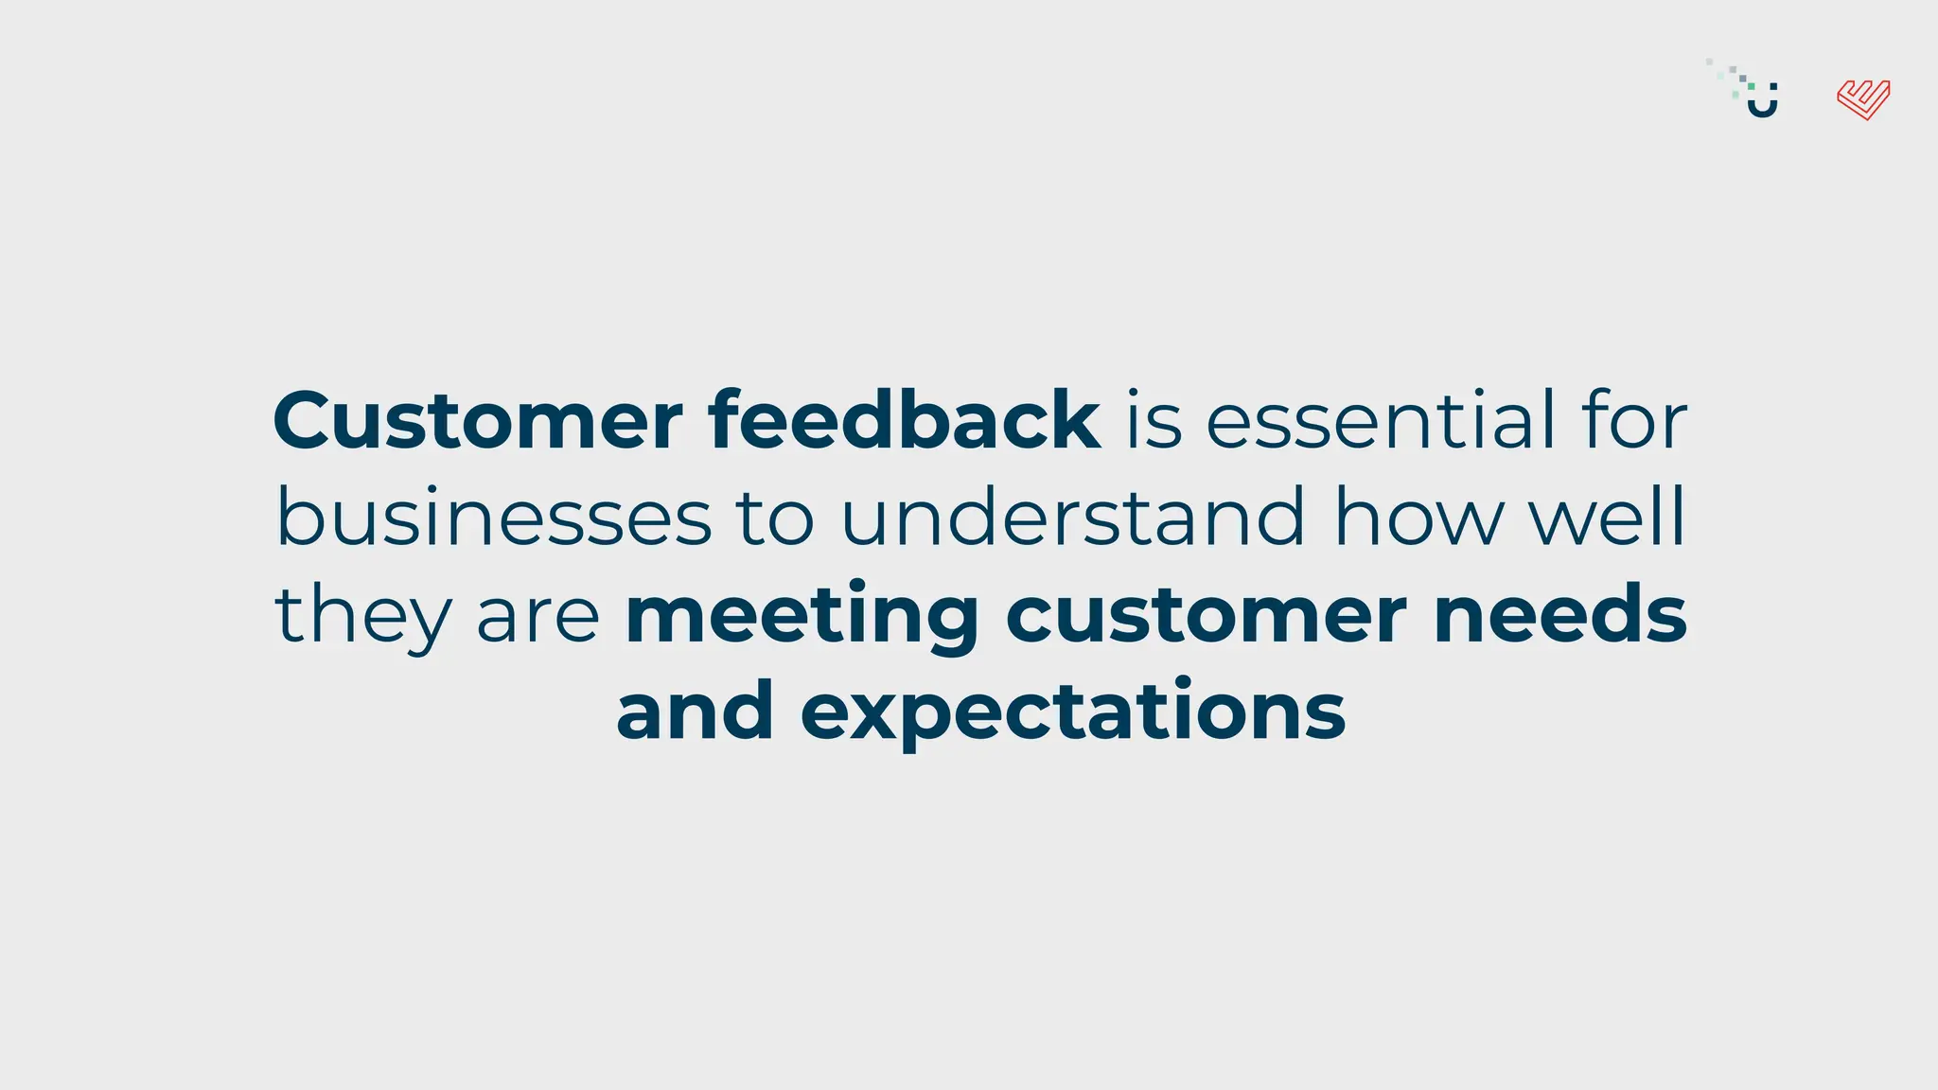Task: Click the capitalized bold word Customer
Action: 477,420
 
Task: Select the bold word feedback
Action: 904,420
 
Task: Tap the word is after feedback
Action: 1154,420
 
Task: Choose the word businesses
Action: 493,518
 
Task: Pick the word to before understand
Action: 775,519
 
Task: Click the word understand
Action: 1073,518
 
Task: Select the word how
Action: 1418,518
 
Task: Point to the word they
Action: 363,616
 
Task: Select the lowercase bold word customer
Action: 1206,616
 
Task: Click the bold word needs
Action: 1560,616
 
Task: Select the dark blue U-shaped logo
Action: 1762,102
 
